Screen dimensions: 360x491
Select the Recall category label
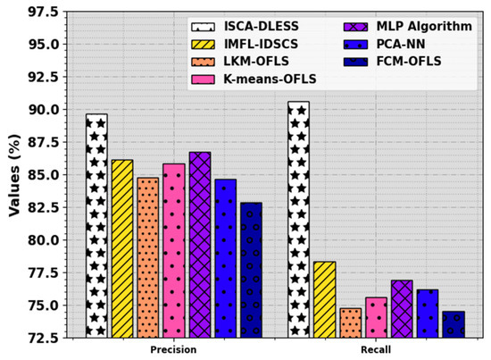pyautogui.click(x=377, y=349)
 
